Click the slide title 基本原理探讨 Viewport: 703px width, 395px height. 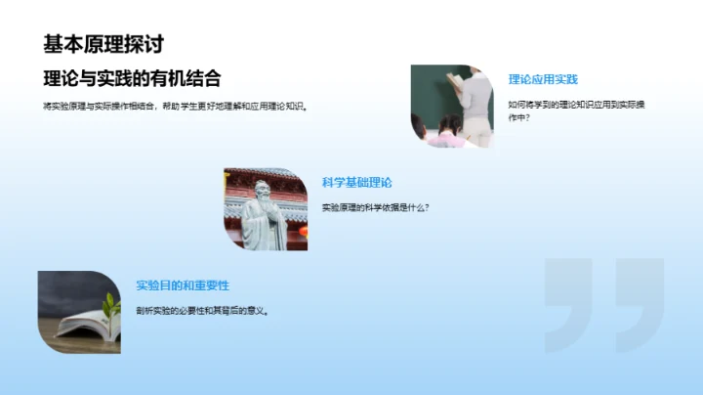[x=103, y=44]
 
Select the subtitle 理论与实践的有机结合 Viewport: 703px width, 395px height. [x=132, y=78]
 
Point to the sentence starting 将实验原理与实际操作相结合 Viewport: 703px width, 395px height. [x=176, y=107]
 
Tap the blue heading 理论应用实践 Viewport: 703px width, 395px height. [x=543, y=79]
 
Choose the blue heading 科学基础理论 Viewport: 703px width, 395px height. [x=356, y=182]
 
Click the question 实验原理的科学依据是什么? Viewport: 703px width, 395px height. [x=376, y=207]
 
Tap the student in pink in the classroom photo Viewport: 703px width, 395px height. [x=447, y=131]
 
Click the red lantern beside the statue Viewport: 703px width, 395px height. [x=302, y=232]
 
